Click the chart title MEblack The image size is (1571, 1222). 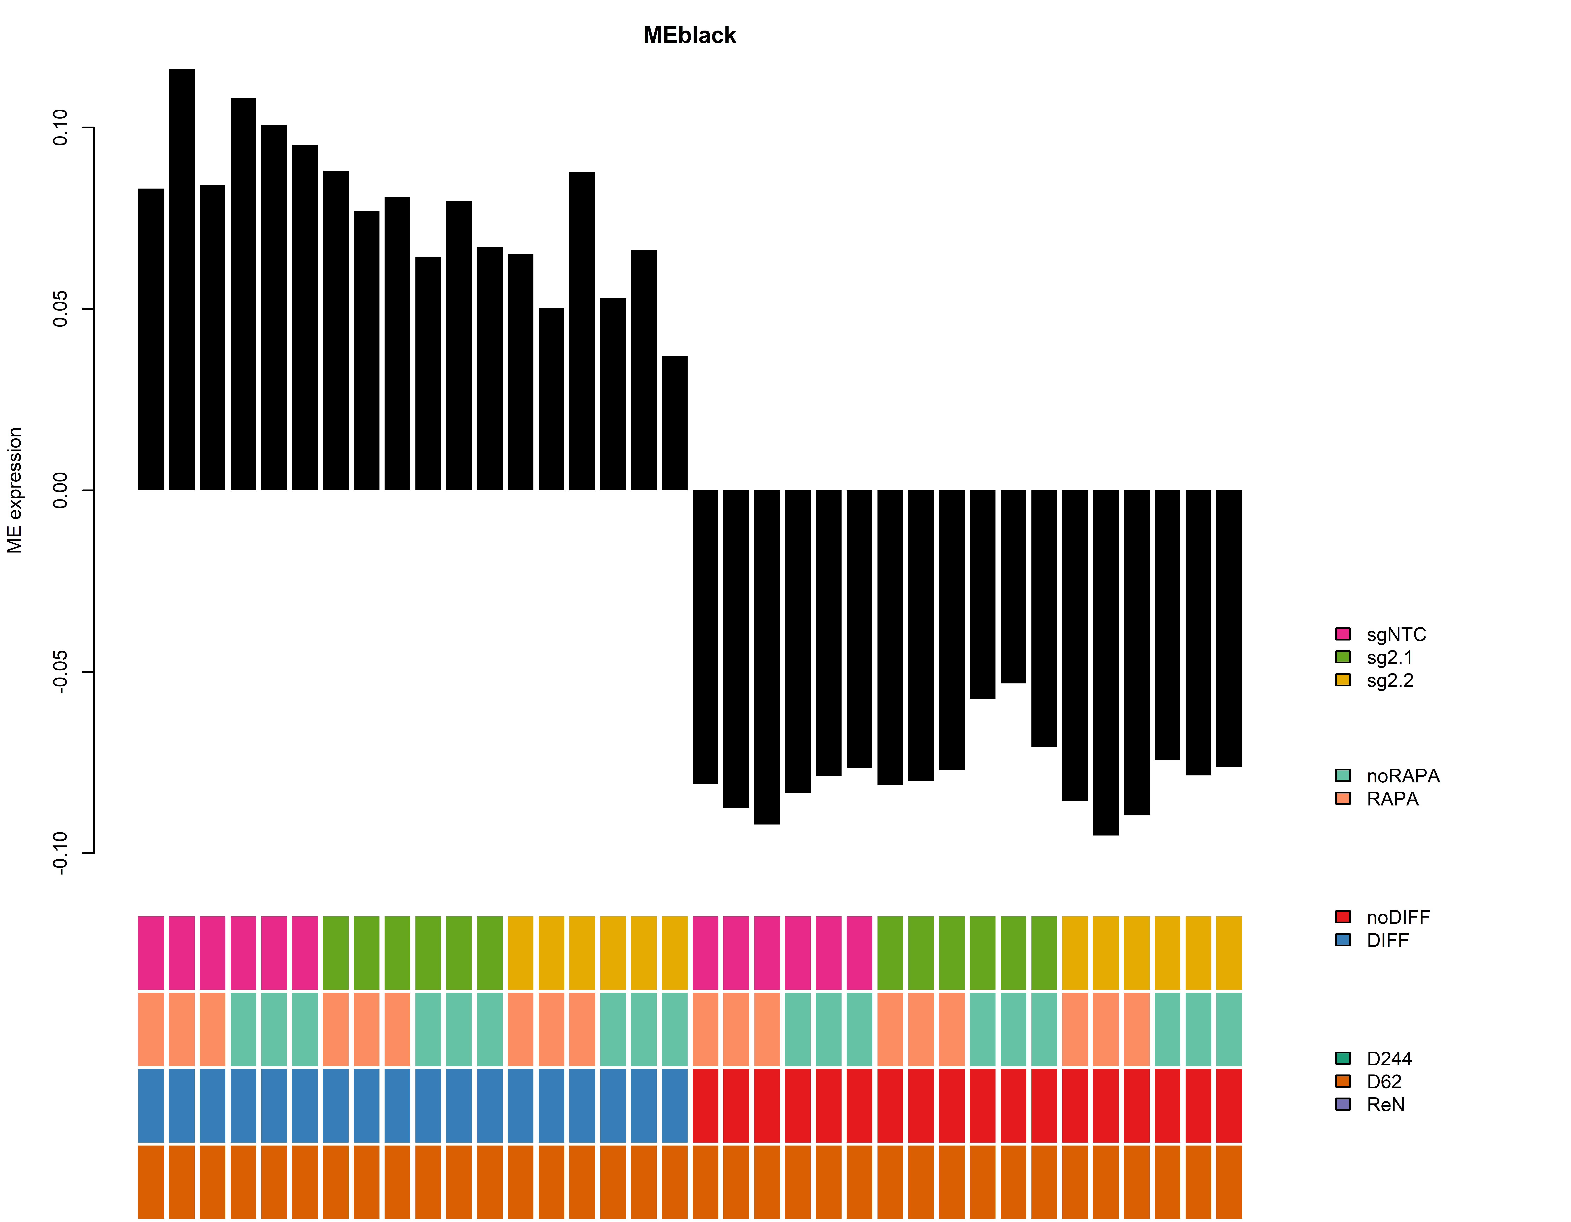tap(689, 35)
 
